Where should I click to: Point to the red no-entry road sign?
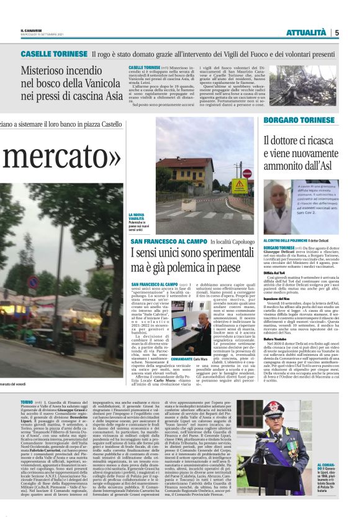tap(247, 174)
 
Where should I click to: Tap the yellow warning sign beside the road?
tap(240, 185)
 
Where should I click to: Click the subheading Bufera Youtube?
tap(275, 322)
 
